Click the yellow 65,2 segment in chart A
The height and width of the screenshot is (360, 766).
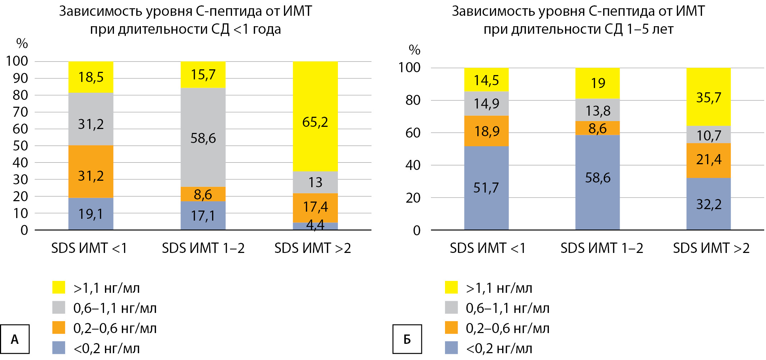[x=315, y=108]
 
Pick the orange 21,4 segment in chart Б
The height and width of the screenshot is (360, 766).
[x=708, y=160]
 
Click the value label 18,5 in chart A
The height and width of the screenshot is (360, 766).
[x=91, y=77]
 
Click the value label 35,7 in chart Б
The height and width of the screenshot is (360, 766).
[x=708, y=98]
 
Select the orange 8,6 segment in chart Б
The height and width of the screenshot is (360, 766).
[x=597, y=128]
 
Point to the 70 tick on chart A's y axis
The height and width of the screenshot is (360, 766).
[x=20, y=112]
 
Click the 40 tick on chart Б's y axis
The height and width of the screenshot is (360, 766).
[x=413, y=165]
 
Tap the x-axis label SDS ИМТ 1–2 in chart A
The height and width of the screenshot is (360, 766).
[x=203, y=248]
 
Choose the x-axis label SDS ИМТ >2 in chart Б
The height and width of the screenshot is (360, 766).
[x=711, y=248]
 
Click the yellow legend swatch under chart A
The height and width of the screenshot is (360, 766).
[x=59, y=287]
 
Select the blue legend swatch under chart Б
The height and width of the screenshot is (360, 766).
[x=451, y=348]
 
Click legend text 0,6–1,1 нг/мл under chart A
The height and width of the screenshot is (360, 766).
[x=115, y=308]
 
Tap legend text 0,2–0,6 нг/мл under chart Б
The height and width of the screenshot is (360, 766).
[x=508, y=328]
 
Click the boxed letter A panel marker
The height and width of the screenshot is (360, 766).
[x=15, y=339]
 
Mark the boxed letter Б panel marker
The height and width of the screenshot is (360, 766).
[x=407, y=339]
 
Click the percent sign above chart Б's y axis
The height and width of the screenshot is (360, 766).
[x=414, y=50]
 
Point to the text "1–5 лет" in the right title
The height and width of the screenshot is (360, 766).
[x=650, y=29]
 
